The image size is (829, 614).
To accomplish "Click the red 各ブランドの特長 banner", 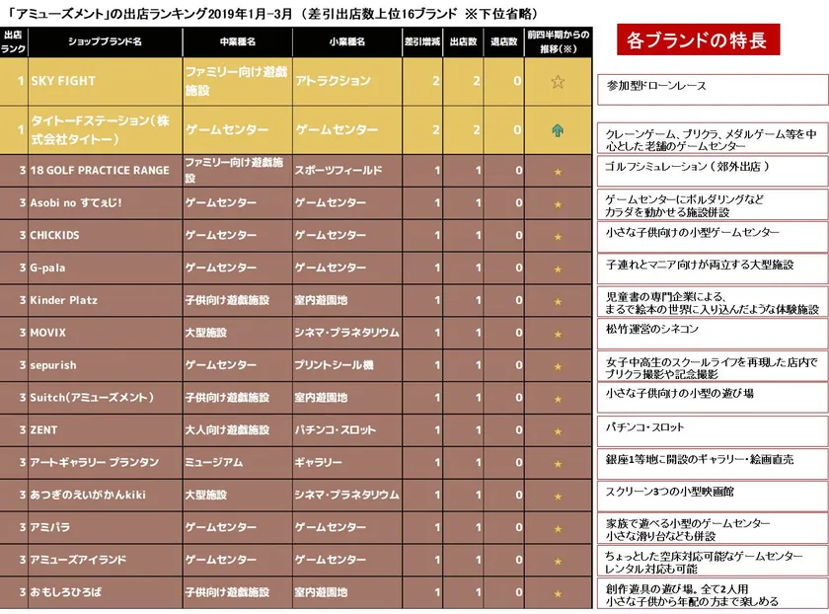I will click(698, 42).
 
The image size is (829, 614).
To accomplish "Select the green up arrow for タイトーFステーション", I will click(558, 129).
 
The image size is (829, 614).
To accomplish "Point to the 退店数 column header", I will click(505, 42).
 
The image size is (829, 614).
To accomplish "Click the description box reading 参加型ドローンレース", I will click(712, 87).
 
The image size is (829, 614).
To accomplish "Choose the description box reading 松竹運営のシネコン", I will click(712, 329).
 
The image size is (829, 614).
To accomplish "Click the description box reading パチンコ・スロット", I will click(712, 428).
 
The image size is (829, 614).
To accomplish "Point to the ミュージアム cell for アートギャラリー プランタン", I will click(237, 462).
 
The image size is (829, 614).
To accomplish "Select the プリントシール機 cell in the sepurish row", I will click(344, 365).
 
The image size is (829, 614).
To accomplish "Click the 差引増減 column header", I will click(422, 42).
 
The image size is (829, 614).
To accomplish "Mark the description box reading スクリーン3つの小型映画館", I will click(712, 492).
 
